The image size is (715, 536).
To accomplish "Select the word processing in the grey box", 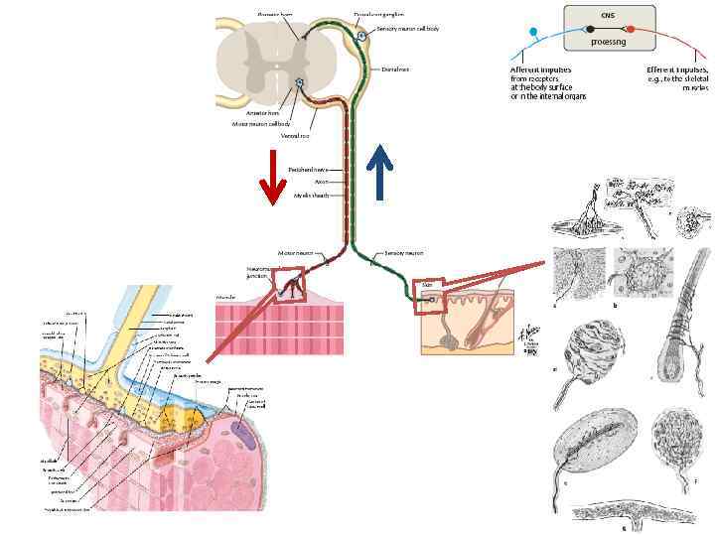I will [x=608, y=43].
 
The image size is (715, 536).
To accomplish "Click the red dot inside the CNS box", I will [x=631, y=30].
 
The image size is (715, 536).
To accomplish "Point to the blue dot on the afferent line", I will [x=534, y=33].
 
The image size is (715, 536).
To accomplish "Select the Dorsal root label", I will [x=394, y=69].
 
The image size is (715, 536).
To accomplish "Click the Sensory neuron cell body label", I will [x=406, y=29].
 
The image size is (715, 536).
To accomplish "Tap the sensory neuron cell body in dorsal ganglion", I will [x=361, y=36].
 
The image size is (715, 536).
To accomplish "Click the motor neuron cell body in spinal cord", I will [x=298, y=83].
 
